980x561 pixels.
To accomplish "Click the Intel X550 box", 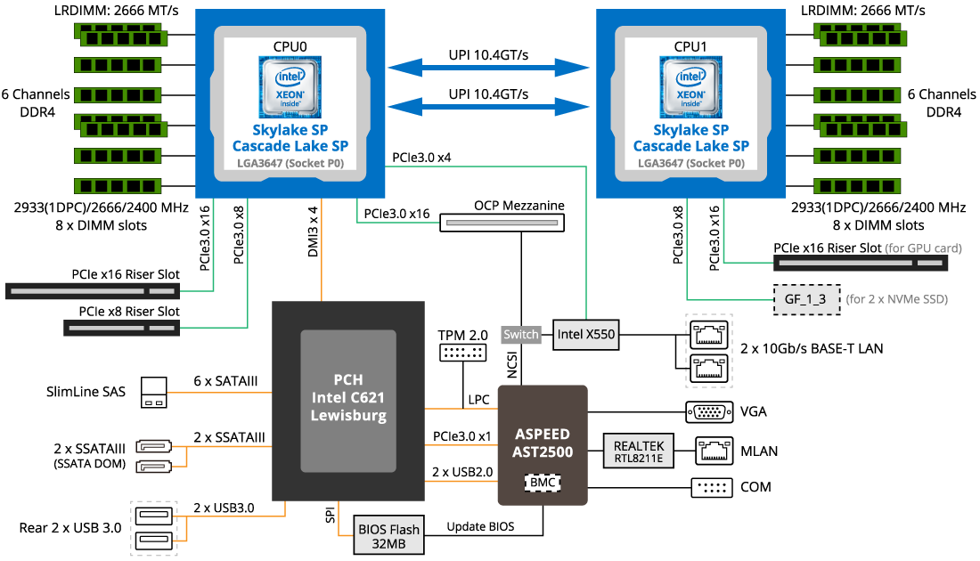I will click(584, 335).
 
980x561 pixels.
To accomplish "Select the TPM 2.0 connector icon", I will click(463, 354).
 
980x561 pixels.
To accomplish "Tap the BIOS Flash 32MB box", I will click(389, 535).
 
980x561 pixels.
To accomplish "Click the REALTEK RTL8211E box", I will click(639, 451).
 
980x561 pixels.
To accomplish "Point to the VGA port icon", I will click(708, 412).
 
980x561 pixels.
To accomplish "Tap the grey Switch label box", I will click(521, 335).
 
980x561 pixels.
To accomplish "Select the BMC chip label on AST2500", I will click(543, 482).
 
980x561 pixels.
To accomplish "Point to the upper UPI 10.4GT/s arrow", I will click(488, 68).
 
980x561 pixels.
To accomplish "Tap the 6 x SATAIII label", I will click(226, 381).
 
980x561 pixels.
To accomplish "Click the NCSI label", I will click(513, 366).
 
